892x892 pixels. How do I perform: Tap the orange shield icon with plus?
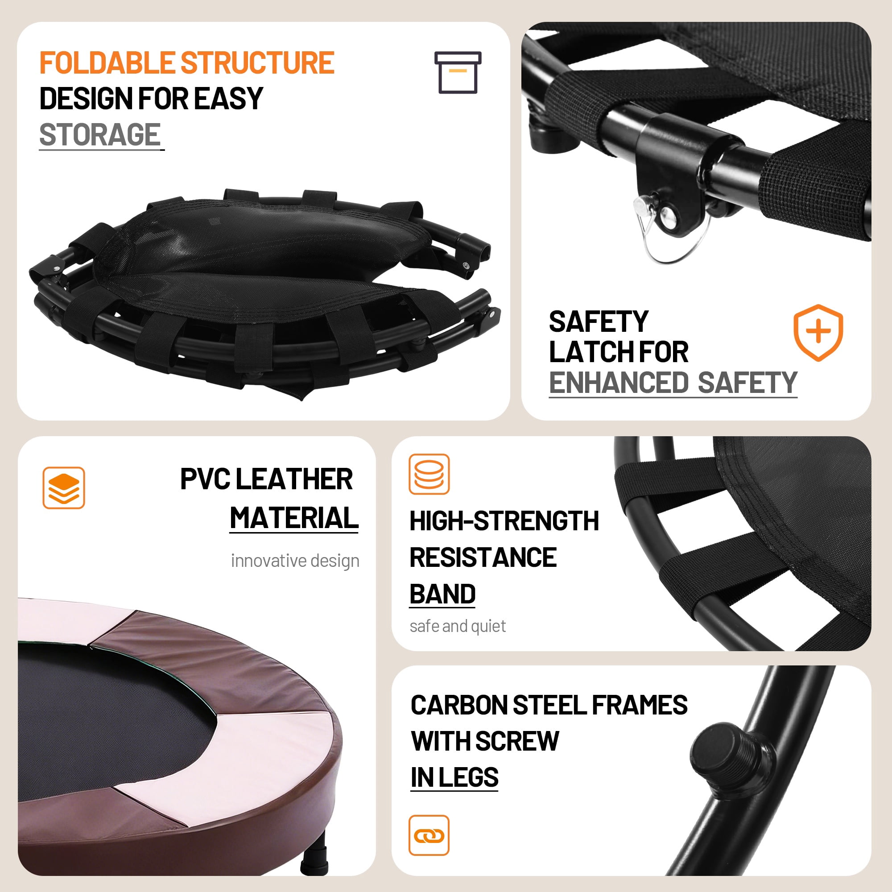818,332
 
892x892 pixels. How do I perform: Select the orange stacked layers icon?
64,487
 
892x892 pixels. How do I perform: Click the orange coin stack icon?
429,474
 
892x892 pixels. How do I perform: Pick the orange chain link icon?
429,835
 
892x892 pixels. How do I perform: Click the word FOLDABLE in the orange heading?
107,63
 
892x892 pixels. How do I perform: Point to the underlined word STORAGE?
100,135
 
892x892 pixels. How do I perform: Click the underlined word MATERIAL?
293,517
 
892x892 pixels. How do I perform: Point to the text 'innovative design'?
295,561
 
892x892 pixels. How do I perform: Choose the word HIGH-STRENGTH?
504,521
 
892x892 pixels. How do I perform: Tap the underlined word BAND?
442,594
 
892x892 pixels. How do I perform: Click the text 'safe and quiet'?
458,626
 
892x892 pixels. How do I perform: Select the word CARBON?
459,705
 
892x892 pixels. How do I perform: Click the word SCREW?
516,741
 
